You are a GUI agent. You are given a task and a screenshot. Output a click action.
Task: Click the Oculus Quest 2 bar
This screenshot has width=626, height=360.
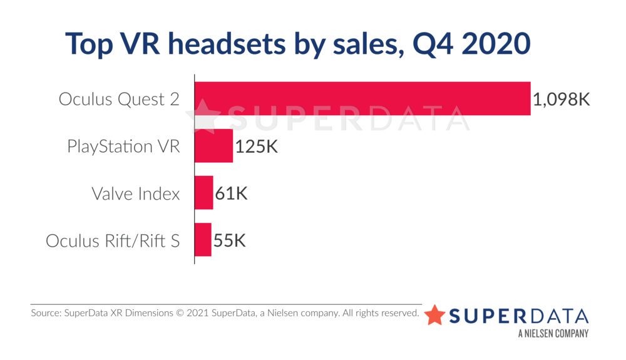click(x=362, y=98)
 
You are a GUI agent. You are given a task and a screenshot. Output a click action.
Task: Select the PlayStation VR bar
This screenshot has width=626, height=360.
click(x=213, y=146)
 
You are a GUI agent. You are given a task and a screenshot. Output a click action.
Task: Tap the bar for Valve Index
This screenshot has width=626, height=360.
click(x=203, y=193)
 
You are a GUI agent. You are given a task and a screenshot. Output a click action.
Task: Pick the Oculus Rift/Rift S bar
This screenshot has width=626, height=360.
click(x=203, y=240)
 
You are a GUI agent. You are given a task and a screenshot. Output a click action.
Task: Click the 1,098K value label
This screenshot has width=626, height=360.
click(x=562, y=99)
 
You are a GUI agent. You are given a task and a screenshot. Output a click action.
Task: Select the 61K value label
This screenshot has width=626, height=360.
click(x=232, y=193)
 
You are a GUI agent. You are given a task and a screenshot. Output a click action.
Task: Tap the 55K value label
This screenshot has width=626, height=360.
click(x=230, y=240)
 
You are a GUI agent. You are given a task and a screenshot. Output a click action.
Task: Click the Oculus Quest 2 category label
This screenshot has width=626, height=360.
click(x=119, y=99)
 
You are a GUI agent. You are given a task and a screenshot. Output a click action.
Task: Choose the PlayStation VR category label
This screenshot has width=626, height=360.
click(x=123, y=147)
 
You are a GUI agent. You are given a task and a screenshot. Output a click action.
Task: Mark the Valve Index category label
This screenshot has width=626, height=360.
click(x=135, y=193)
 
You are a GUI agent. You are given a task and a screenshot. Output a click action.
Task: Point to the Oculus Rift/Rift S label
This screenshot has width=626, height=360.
click(x=113, y=240)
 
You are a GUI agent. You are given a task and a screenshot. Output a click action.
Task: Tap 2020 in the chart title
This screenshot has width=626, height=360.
click(x=495, y=44)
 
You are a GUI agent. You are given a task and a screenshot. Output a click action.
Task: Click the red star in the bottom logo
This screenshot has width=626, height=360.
click(x=435, y=315)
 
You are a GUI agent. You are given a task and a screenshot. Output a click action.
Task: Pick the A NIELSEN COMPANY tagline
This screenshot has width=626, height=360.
click(x=553, y=334)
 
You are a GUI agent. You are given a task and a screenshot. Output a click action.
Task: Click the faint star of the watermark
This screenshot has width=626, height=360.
click(x=206, y=116)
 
